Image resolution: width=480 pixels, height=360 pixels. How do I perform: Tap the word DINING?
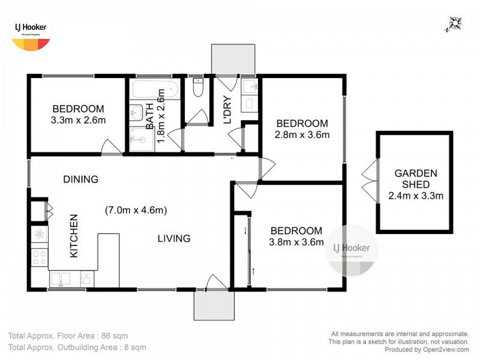coord(81,179)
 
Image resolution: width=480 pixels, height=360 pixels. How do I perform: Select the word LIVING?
coord(174,239)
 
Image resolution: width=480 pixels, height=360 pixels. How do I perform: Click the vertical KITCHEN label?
coord(74,236)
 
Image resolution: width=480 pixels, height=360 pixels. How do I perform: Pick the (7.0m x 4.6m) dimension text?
coord(136,210)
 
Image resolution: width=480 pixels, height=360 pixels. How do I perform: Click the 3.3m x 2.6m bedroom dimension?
coord(78,120)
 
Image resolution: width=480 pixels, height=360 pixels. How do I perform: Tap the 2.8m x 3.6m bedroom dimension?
coord(302,134)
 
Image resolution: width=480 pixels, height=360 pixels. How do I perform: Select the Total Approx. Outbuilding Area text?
coord(77,347)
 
